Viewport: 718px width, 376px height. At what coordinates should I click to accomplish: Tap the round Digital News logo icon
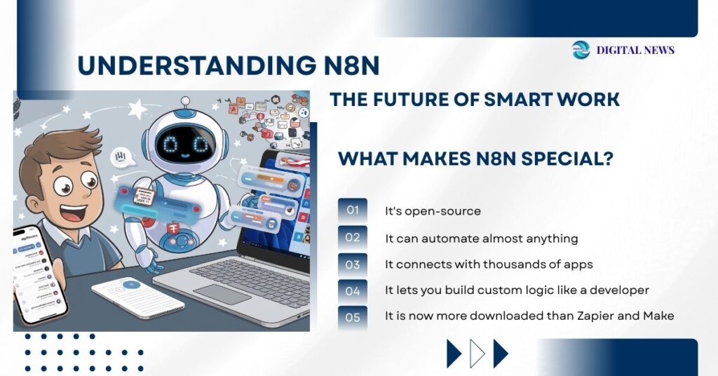(x=581, y=50)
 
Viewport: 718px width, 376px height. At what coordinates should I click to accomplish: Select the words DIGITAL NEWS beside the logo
(x=635, y=50)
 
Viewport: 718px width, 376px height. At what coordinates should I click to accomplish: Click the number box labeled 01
(x=352, y=210)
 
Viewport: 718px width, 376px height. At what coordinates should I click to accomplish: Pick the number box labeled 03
(x=352, y=264)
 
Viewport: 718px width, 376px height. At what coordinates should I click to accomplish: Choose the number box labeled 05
(x=352, y=317)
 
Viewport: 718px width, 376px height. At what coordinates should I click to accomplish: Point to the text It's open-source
(x=433, y=211)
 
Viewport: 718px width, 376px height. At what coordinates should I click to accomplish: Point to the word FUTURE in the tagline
(x=405, y=100)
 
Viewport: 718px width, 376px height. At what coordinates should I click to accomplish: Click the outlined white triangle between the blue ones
(x=477, y=354)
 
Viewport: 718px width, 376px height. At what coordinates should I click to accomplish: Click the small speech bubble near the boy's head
(x=122, y=156)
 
